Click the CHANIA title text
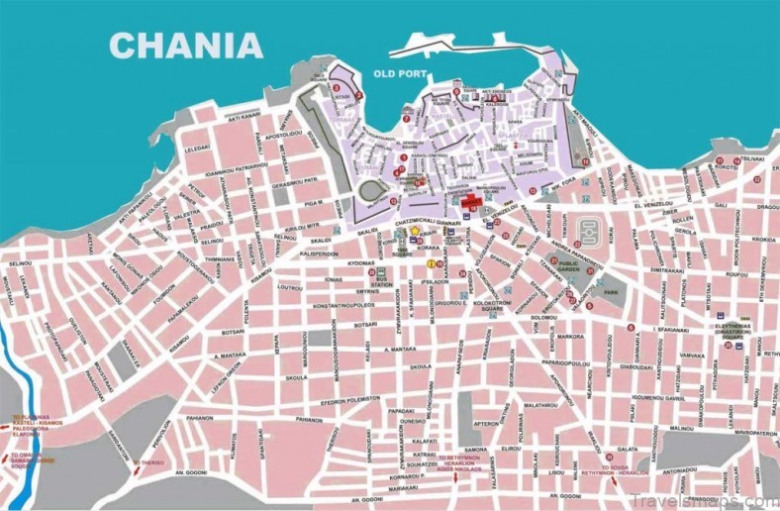(x=186, y=45)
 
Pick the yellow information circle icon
(x=431, y=264)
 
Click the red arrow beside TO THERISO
(x=136, y=462)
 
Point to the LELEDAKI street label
(x=197, y=148)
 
